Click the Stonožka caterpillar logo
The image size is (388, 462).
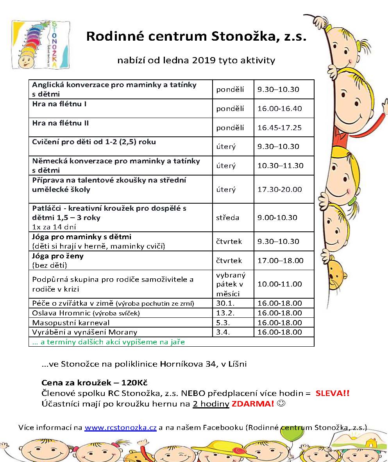[41, 44]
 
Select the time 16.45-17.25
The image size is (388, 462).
[279, 127]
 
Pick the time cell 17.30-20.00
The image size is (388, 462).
[279, 189]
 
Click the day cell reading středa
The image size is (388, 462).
[227, 217]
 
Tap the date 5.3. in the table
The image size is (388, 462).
[222, 323]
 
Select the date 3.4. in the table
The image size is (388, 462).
[222, 333]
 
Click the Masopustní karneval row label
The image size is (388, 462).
[71, 323]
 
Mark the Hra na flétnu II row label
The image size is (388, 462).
[60, 123]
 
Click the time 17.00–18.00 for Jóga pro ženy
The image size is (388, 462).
[279, 260]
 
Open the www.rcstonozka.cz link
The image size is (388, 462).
[120, 428]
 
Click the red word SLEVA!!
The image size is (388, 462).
[332, 393]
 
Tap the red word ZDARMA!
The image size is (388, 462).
[253, 404]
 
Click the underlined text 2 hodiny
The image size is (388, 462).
[211, 404]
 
